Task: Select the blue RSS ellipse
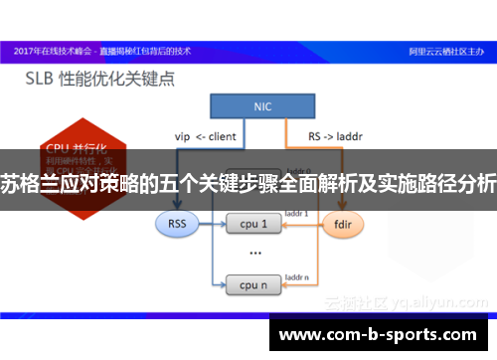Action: (177, 224)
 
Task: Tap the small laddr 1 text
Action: (297, 213)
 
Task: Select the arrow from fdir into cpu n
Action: (298, 285)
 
